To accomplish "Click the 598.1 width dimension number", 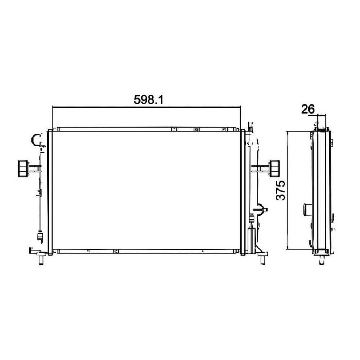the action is tap(149, 100).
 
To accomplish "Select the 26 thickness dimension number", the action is tap(308, 109).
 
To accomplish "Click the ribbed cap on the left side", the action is tap(23, 168).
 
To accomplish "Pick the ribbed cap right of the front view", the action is tap(274, 168).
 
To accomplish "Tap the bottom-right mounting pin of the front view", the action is tap(263, 260).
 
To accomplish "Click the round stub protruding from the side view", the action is tap(307, 210).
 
